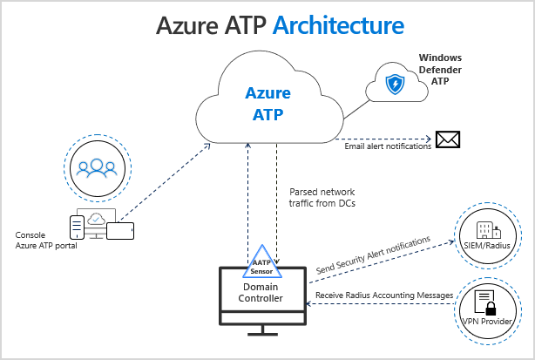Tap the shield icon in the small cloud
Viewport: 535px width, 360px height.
[395, 85]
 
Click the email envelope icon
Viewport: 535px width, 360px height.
[448, 139]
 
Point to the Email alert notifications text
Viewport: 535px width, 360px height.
[388, 146]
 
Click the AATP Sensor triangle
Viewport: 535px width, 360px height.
[262, 265]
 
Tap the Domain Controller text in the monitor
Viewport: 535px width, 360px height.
[262, 293]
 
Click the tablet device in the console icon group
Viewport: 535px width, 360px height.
[119, 230]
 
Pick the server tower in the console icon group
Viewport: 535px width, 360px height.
[78, 227]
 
